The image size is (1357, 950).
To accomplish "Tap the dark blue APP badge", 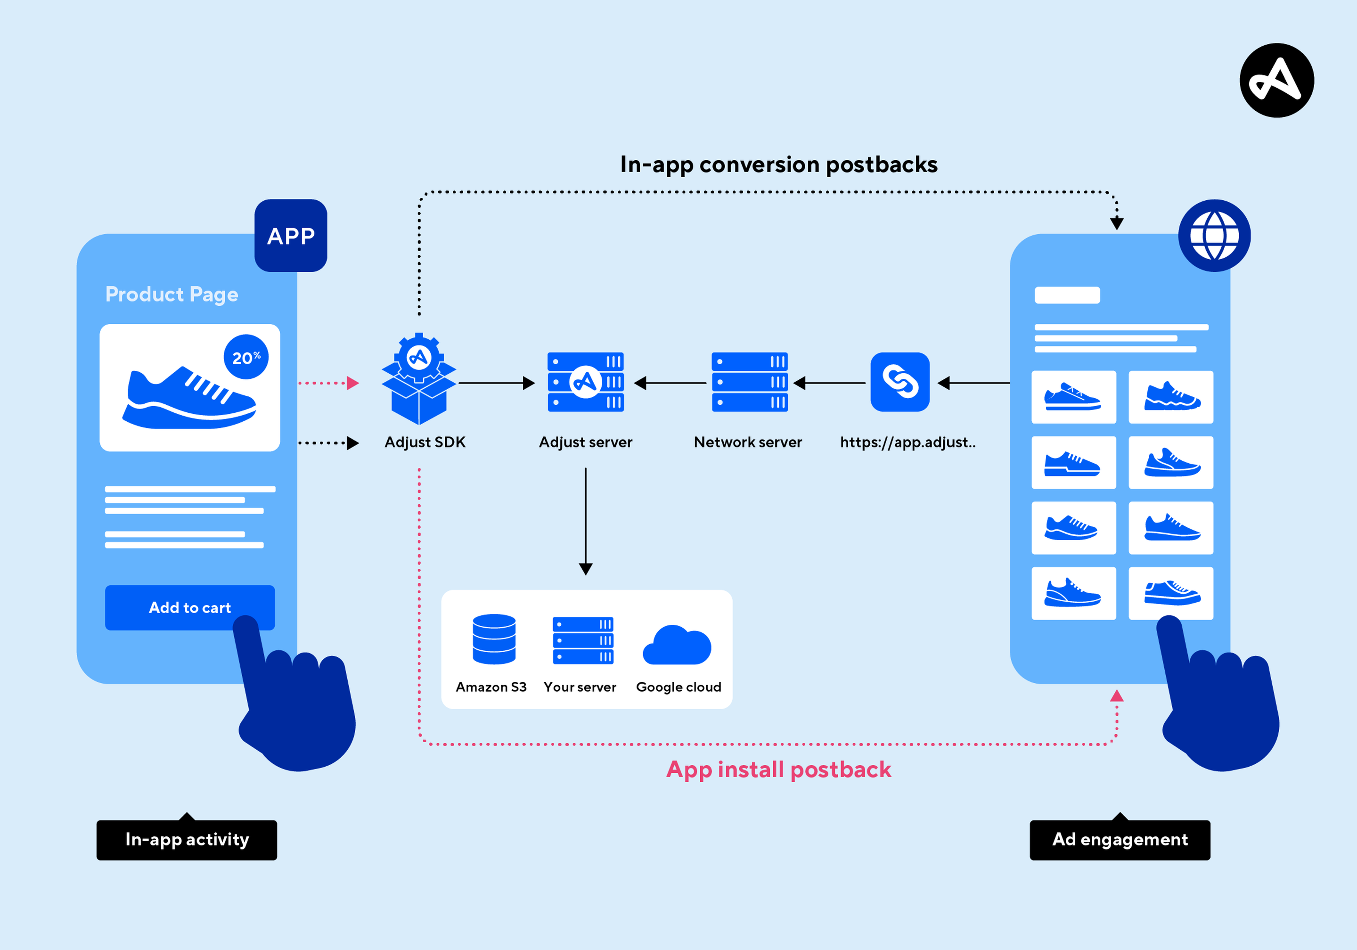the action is point(291,235).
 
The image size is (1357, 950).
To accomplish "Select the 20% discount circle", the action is point(246,357).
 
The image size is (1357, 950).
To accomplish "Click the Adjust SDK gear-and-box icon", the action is point(419,379).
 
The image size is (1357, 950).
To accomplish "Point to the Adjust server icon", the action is point(586,382).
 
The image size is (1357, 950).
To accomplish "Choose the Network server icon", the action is point(750,382).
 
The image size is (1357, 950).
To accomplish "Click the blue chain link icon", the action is point(900,382).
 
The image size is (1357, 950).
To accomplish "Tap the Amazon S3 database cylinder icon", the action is point(494,639).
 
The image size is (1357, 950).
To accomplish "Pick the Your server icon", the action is point(583,640).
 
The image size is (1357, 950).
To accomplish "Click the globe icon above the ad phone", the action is point(1215,235).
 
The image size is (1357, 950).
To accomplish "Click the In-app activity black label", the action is point(187,839).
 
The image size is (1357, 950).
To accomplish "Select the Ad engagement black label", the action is point(1120,839).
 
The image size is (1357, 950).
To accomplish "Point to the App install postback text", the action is point(779,770).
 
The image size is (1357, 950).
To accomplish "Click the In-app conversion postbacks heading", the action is point(779,164).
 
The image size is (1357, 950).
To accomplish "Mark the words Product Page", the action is point(172,295).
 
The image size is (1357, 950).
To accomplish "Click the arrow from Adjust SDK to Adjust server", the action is point(497,383).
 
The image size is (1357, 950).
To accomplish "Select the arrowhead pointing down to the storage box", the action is point(586,569).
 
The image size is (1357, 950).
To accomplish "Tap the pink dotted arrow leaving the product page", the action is point(328,383).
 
